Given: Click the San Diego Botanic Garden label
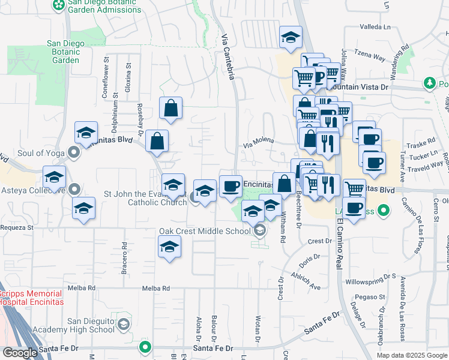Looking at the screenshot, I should coord(63,52).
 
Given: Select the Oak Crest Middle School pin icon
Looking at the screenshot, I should coord(259,230).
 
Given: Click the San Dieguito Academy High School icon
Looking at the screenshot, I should coord(123,325).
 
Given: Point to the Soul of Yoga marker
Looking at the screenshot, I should coord(74,153).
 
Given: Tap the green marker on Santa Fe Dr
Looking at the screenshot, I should coord(145,347).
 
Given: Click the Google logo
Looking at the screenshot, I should coord(19,353).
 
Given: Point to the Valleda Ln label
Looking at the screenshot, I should coord(375,27).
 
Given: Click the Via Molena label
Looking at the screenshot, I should coord(258,141).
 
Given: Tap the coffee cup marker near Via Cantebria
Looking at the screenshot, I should coord(231,187).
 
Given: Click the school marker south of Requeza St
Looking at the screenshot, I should coord(170,247).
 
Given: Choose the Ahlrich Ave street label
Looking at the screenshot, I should coord(307,278).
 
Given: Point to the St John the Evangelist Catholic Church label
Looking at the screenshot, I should coord(145,198).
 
